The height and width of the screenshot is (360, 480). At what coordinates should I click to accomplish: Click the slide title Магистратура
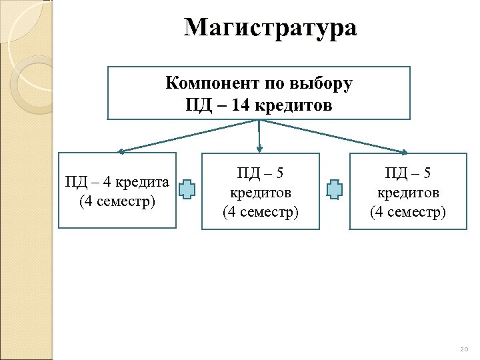point(270,29)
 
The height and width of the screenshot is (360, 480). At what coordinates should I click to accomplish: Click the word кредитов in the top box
point(294,105)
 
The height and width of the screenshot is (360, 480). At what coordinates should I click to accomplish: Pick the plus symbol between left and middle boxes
point(189,190)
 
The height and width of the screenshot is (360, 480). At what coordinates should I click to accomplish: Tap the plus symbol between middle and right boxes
point(335,190)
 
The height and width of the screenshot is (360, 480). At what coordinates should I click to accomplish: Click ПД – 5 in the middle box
point(261,173)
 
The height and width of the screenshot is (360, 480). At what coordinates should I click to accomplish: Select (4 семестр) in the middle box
point(261,212)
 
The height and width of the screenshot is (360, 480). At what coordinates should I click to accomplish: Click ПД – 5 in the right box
point(408,173)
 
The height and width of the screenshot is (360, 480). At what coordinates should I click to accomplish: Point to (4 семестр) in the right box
point(408,212)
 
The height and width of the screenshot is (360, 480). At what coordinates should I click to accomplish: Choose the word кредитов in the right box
point(408,193)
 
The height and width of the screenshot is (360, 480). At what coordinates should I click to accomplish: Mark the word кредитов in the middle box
point(261,193)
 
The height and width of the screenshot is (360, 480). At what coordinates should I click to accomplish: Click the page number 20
point(464,350)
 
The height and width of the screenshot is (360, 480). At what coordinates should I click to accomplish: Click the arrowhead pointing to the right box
point(403,152)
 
